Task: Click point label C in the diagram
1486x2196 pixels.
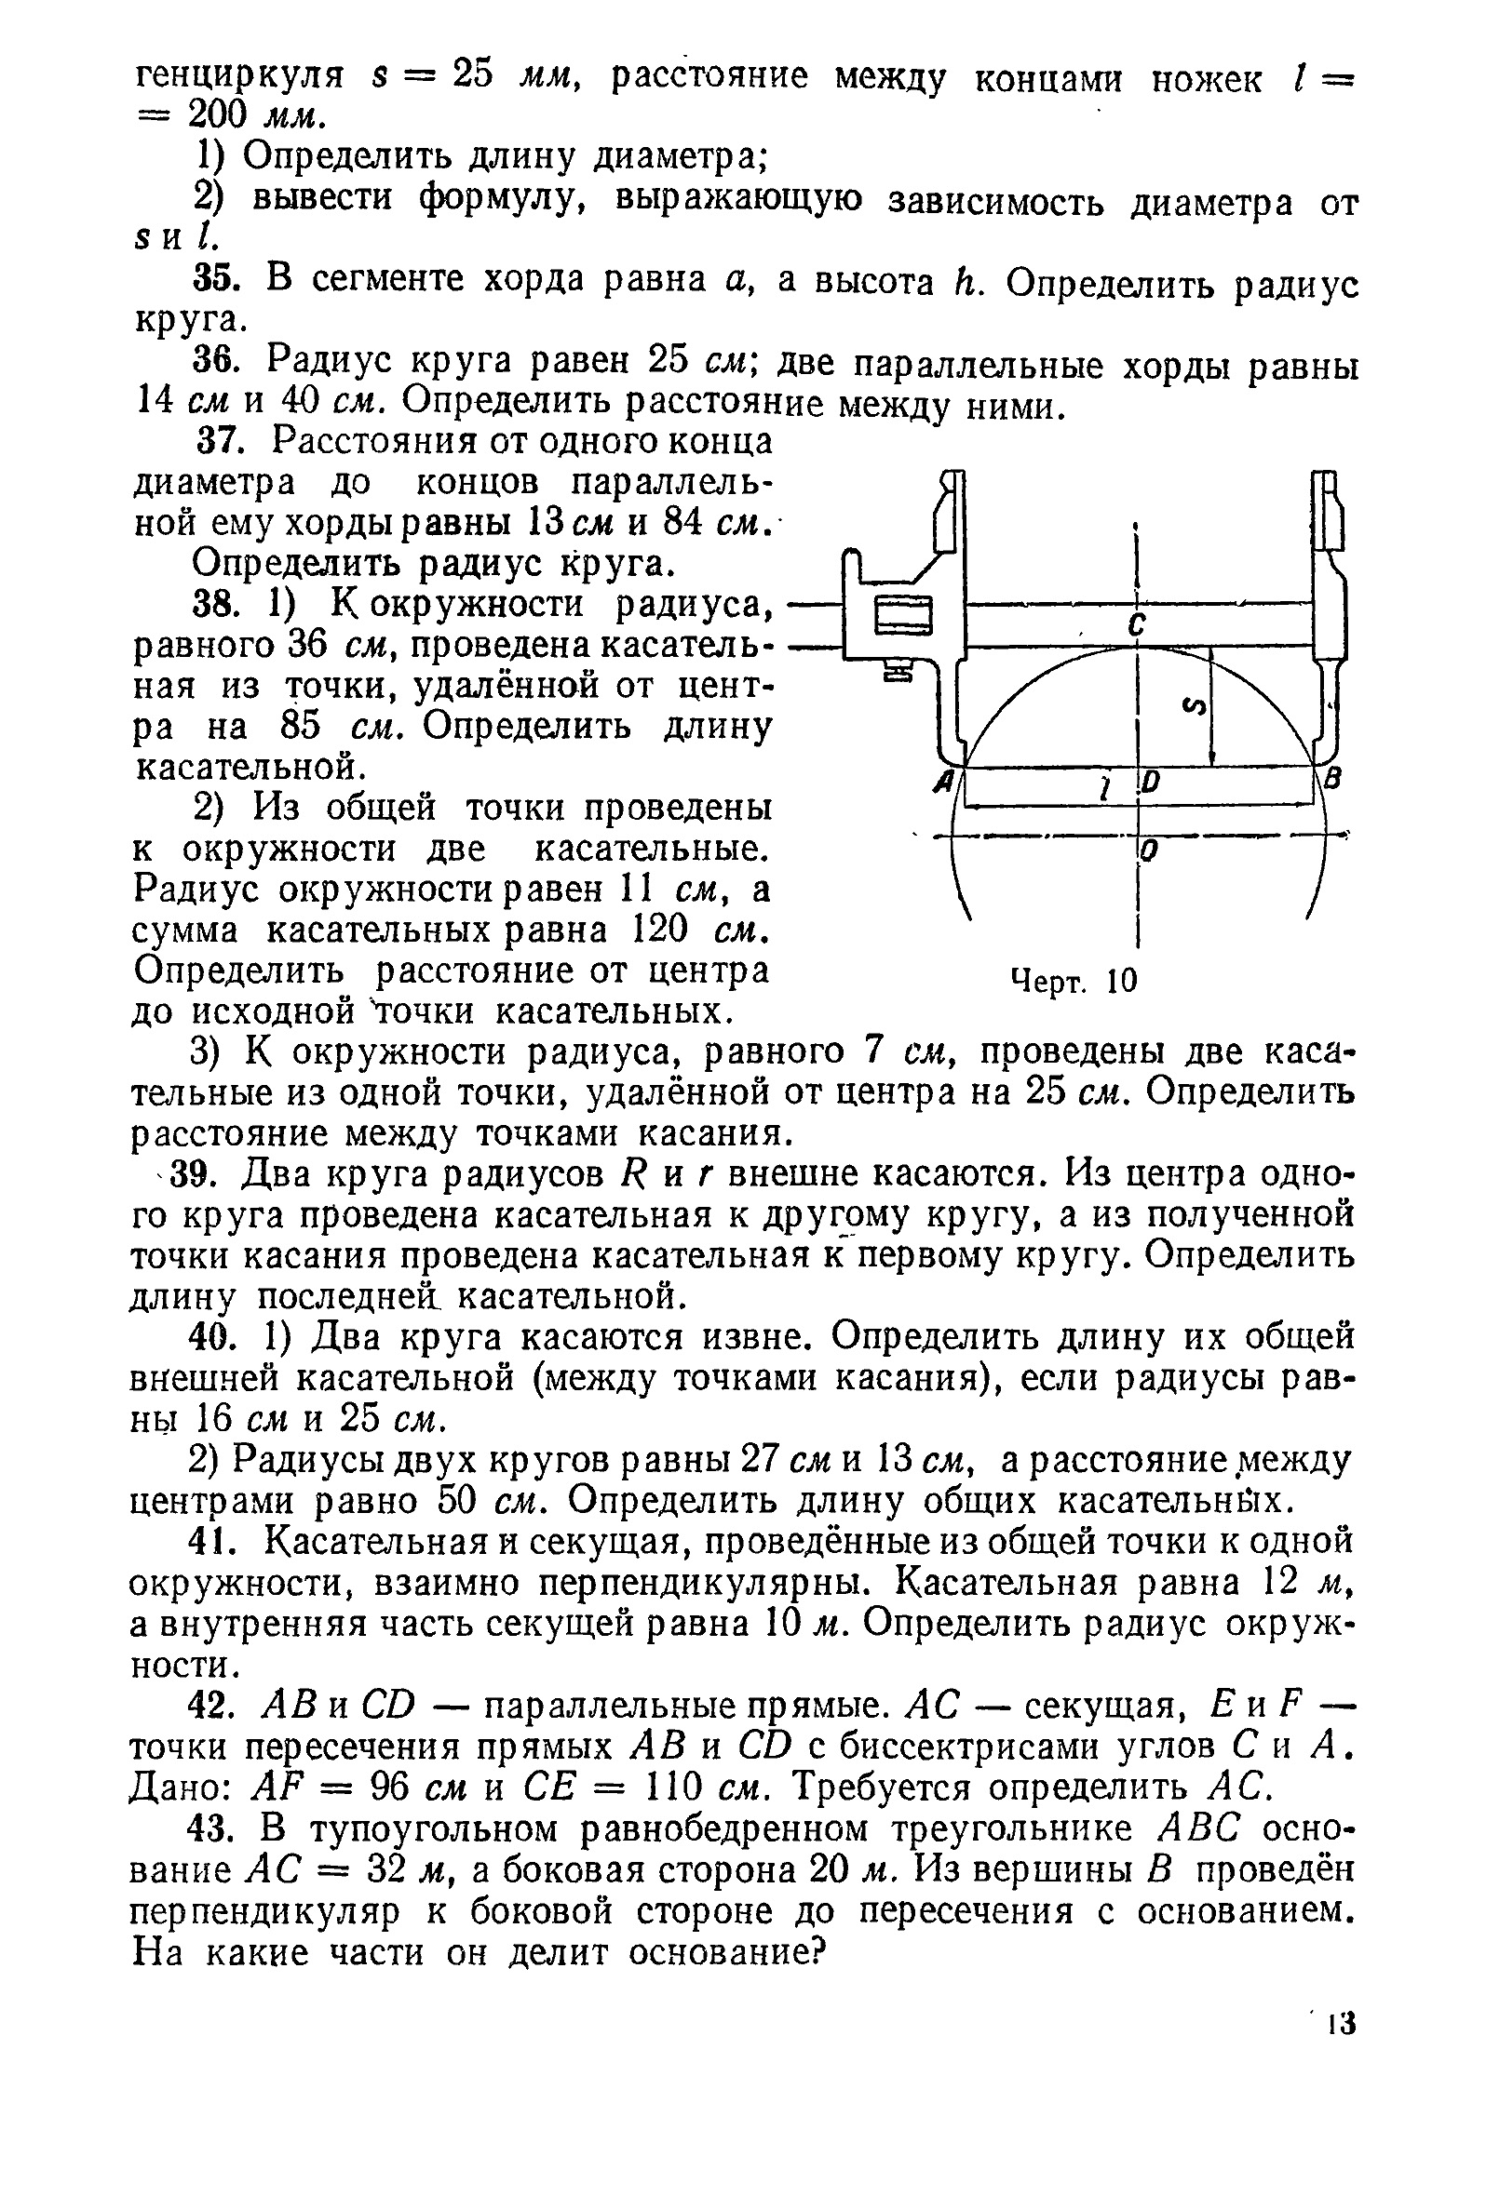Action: [x=1137, y=624]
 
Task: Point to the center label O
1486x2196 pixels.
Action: [x=1150, y=851]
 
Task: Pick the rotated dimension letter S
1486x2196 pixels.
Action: [x=1195, y=706]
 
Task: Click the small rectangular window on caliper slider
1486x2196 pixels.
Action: [x=904, y=619]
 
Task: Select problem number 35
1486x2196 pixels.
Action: [x=212, y=280]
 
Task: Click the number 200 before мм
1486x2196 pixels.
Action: [x=219, y=115]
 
